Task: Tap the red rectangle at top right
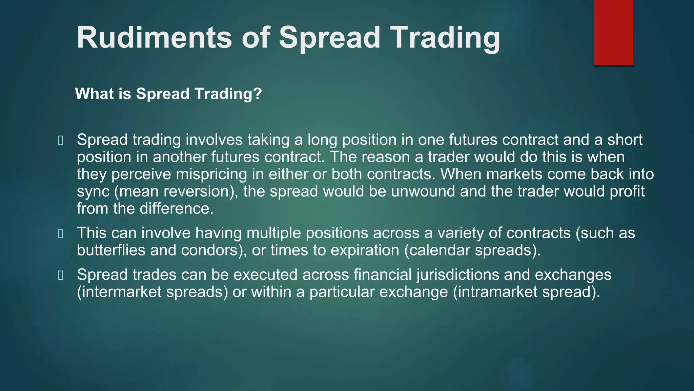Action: pyautogui.click(x=613, y=32)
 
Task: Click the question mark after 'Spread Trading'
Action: pyautogui.click(x=258, y=94)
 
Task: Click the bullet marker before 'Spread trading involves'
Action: pyautogui.click(x=61, y=141)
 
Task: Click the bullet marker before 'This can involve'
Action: pyautogui.click(x=61, y=234)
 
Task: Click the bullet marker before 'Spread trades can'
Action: pyautogui.click(x=61, y=275)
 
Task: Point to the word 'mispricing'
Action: pyautogui.click(x=211, y=174)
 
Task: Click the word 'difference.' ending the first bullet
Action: pyautogui.click(x=176, y=209)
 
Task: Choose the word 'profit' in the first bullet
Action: pyautogui.click(x=627, y=192)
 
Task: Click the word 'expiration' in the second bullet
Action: pyautogui.click(x=365, y=250)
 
